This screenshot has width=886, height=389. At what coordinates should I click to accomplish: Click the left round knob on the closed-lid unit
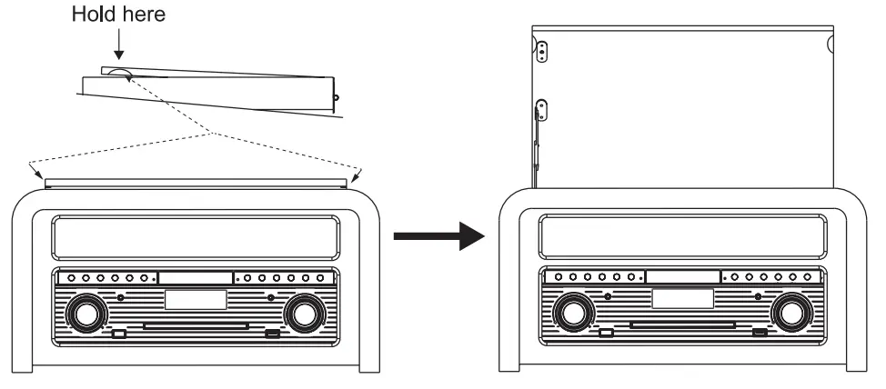(85, 314)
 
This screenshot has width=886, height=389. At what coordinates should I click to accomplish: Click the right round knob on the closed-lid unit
(303, 314)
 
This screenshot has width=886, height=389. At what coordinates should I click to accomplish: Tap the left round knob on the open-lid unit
(573, 314)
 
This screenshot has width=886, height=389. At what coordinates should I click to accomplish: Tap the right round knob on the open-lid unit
(790, 314)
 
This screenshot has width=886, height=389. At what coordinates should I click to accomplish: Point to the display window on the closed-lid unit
(196, 299)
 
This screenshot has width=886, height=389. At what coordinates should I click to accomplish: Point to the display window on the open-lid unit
(683, 299)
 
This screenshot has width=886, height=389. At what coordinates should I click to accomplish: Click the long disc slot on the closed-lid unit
(196, 324)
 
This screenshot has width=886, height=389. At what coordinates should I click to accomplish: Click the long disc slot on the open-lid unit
(684, 324)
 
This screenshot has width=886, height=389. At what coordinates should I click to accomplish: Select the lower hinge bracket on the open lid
(541, 109)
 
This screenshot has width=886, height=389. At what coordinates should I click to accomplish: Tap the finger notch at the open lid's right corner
(831, 43)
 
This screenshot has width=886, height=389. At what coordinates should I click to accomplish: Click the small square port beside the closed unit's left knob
(119, 334)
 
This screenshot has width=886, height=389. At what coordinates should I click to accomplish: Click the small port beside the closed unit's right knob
(272, 334)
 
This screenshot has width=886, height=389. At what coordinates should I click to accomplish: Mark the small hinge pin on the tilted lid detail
(336, 96)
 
